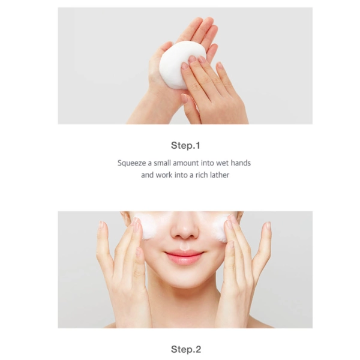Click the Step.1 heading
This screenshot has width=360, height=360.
coord(185,145)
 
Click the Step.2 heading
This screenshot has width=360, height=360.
coord(185,349)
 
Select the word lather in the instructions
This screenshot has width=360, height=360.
coord(218,175)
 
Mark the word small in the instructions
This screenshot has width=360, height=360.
coord(163,163)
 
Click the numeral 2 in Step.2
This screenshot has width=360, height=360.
coord(196,349)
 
